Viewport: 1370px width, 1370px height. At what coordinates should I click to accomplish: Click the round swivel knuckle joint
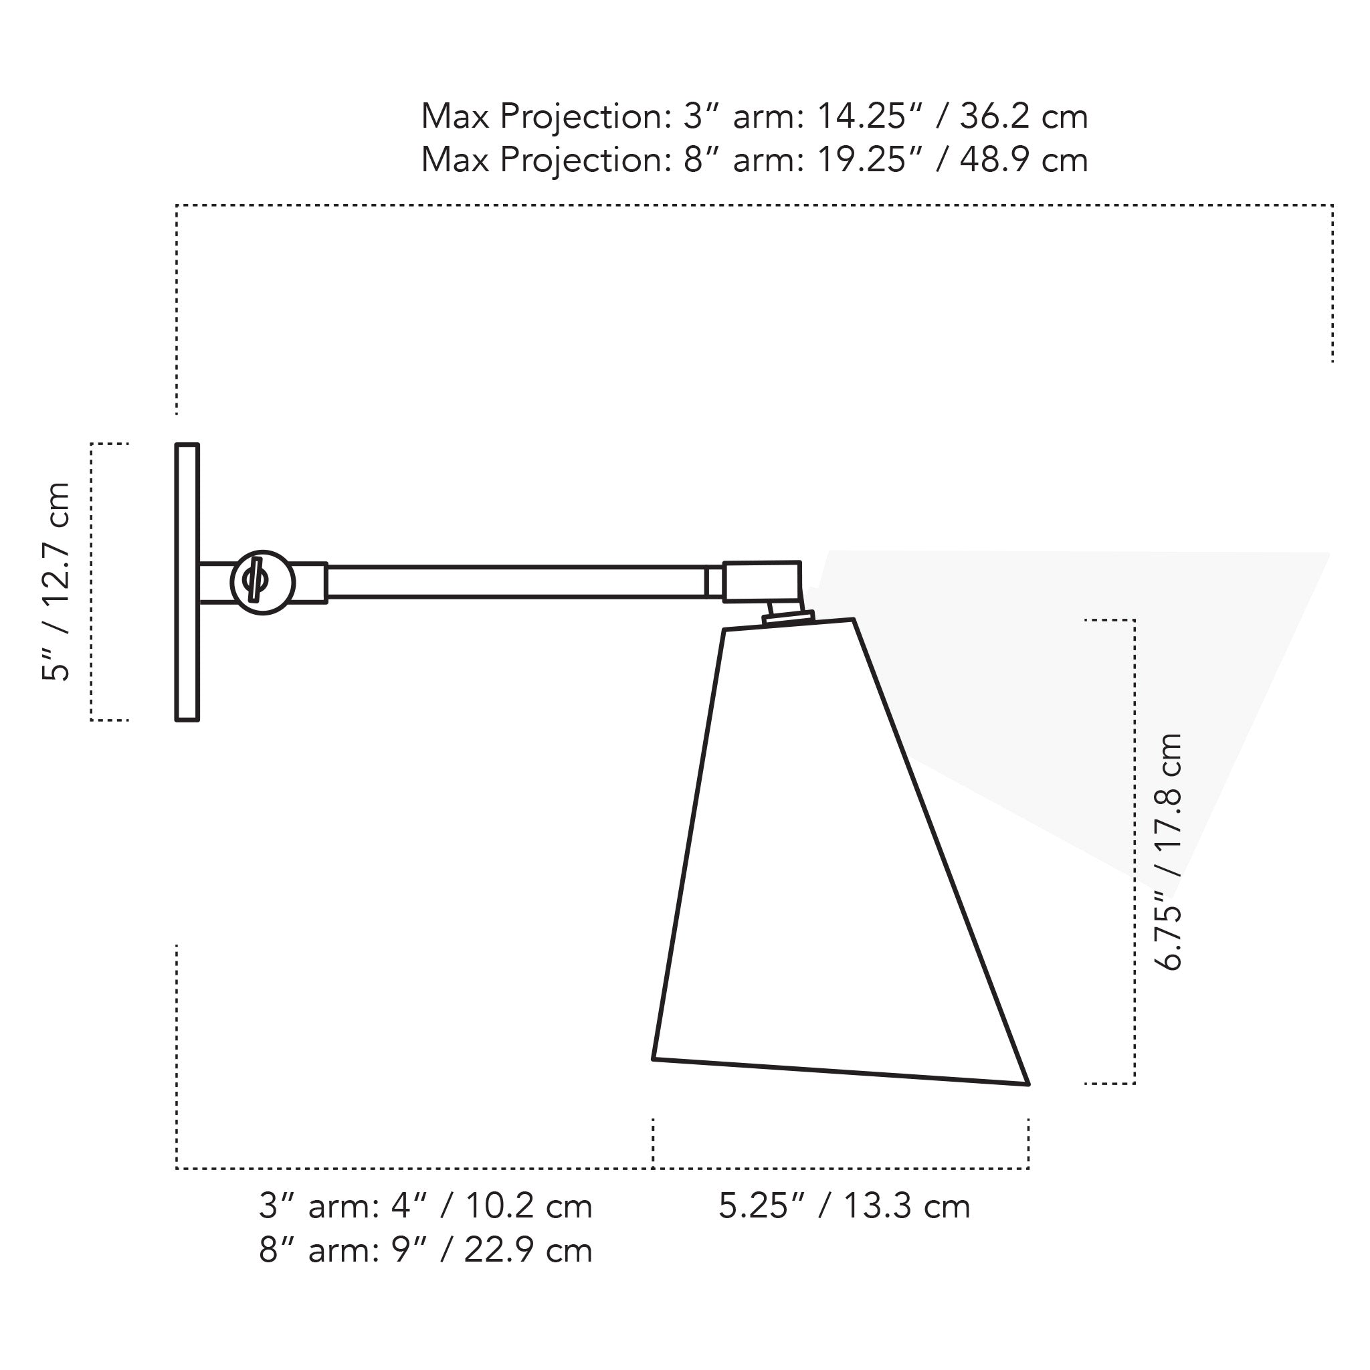(262, 582)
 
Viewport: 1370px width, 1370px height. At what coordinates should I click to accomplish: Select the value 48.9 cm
(1023, 161)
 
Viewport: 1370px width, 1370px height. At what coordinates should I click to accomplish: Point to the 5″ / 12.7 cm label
(57, 581)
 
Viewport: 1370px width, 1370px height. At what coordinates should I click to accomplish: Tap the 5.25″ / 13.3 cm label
(844, 1206)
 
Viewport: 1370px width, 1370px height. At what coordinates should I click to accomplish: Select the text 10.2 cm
(528, 1206)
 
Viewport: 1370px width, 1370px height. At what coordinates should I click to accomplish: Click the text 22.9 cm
(528, 1250)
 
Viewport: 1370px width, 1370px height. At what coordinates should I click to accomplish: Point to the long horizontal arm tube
(516, 582)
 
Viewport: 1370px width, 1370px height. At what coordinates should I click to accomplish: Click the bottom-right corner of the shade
(1027, 1084)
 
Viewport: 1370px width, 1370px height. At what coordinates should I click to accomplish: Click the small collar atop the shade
(787, 617)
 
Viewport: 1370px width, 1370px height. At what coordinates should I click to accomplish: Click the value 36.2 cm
(1023, 116)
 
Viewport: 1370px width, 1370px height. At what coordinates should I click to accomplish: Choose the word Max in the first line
(454, 116)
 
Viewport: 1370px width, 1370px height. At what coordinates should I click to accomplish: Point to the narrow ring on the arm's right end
(714, 582)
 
